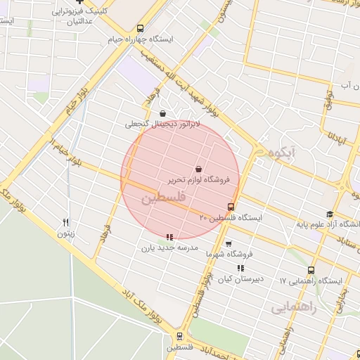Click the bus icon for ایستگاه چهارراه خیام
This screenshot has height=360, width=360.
pyautogui.click(x=141, y=29)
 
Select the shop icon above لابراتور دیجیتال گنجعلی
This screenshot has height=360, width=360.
pyautogui.click(x=163, y=113)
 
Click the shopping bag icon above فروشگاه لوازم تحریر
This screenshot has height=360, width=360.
pyautogui.click(x=199, y=169)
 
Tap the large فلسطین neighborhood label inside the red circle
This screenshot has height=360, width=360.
pyautogui.click(x=164, y=199)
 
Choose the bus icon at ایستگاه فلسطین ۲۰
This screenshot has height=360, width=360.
pyautogui.click(x=231, y=207)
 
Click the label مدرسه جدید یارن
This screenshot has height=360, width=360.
pyautogui.click(x=169, y=247)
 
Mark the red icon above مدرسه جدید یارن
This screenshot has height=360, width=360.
pyautogui.click(x=169, y=236)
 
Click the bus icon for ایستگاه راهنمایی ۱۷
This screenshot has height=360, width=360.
pyautogui.click(x=310, y=270)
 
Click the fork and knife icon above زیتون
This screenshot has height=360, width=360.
pyautogui.click(x=66, y=222)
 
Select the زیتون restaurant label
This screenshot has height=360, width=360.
pyautogui.click(x=65, y=233)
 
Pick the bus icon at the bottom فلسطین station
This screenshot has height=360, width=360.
pyautogui.click(x=180, y=336)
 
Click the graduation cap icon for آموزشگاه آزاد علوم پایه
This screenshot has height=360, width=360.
pyautogui.click(x=329, y=214)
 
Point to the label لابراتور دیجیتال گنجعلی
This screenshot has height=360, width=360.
pyautogui.click(x=163, y=124)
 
